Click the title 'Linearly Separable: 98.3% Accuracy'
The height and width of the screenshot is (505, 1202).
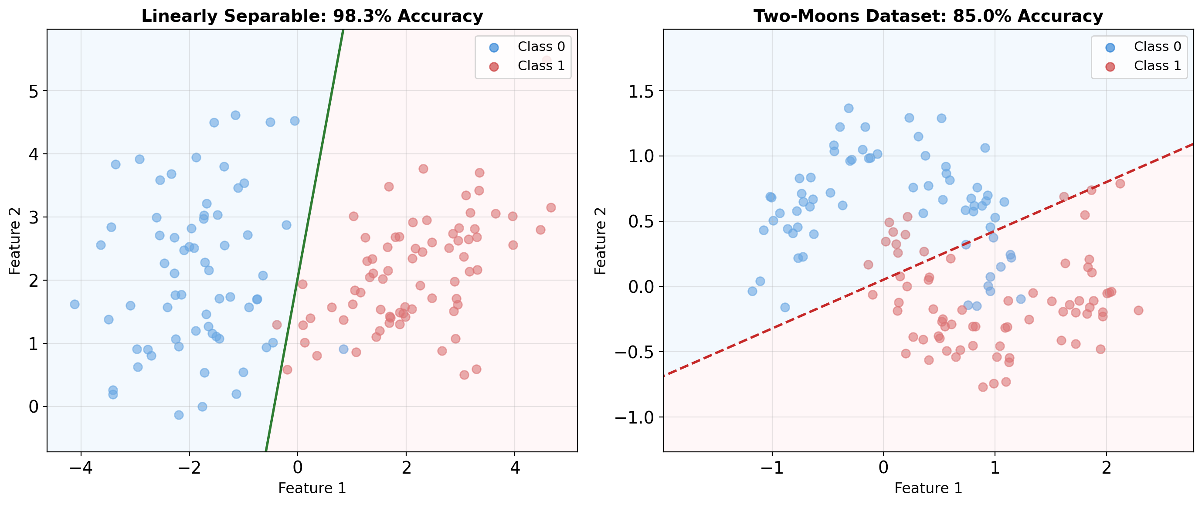[312, 16]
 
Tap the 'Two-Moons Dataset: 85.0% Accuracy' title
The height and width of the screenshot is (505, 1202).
[928, 16]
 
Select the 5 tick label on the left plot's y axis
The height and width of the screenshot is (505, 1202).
[34, 92]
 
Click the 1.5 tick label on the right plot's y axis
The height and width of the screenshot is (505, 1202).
[642, 92]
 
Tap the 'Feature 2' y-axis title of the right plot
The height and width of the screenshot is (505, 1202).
[601, 241]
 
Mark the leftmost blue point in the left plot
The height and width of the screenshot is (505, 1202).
[75, 305]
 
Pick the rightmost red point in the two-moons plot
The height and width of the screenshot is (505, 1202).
[1138, 311]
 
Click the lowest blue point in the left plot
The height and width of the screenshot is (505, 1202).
[179, 415]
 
